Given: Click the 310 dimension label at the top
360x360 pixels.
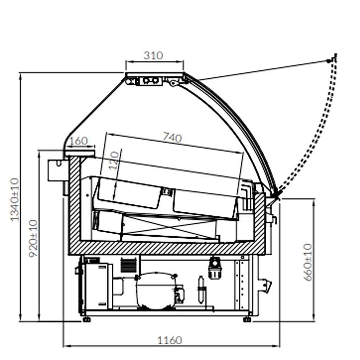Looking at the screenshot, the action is click(153, 56).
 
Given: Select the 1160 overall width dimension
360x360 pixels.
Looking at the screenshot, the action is click(170, 340).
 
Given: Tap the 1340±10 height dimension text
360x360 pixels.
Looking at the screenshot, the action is click(15, 200).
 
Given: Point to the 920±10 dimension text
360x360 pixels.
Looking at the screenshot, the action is click(33, 239).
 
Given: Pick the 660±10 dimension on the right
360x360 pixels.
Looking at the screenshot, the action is click(308, 262).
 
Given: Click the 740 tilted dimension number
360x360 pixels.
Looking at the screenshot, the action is click(172, 137).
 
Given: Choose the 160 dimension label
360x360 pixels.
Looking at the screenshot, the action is click(78, 141).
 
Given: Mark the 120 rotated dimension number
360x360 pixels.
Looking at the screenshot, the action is click(114, 160).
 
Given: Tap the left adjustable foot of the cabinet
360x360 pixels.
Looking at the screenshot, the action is click(86, 319).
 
